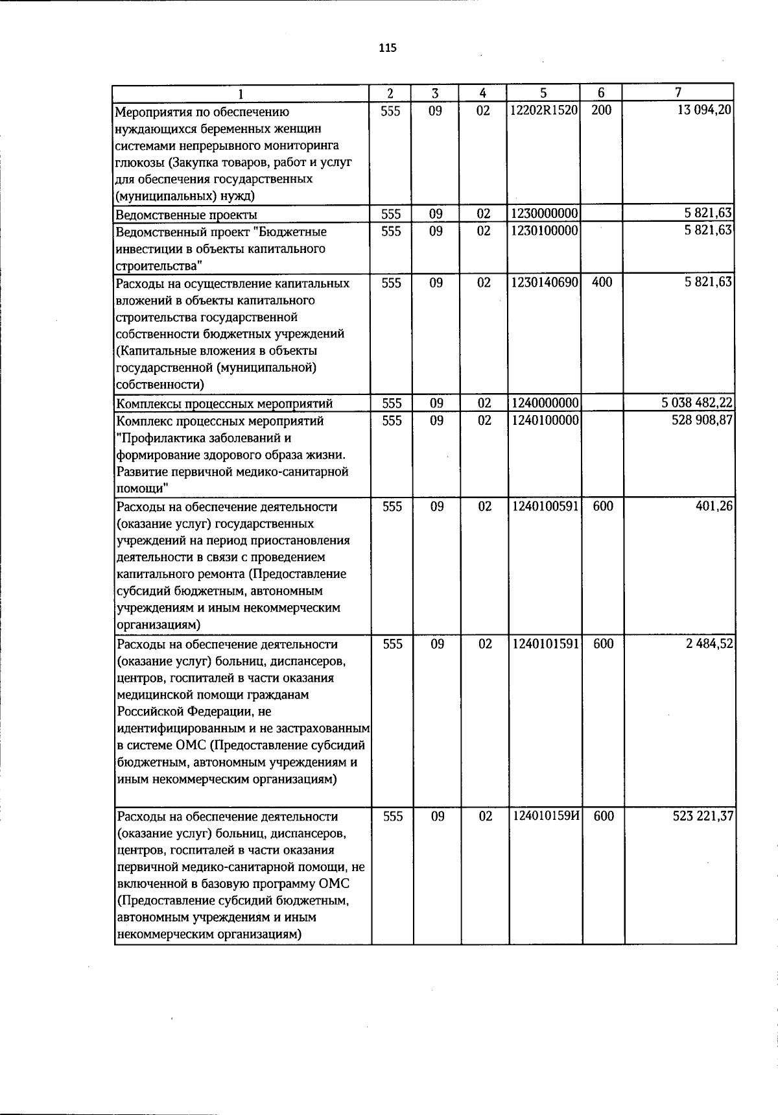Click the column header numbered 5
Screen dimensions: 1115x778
click(x=543, y=93)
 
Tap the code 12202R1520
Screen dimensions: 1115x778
click(x=543, y=111)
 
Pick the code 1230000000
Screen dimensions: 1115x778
click(x=543, y=214)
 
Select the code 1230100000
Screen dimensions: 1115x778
click(x=543, y=232)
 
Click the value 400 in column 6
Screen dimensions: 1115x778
click(x=602, y=283)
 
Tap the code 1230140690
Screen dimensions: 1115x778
click(x=543, y=283)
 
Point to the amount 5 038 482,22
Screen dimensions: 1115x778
click(x=697, y=403)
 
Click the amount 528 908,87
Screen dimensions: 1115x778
click(x=703, y=420)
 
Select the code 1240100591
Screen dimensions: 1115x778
click(x=544, y=507)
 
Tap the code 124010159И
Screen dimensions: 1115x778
click(x=545, y=817)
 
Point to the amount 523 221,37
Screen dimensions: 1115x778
click(x=703, y=817)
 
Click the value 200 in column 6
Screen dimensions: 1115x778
click(x=601, y=111)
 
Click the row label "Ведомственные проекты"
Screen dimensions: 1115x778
click(x=185, y=215)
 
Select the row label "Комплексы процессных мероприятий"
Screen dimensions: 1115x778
click(x=224, y=404)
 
